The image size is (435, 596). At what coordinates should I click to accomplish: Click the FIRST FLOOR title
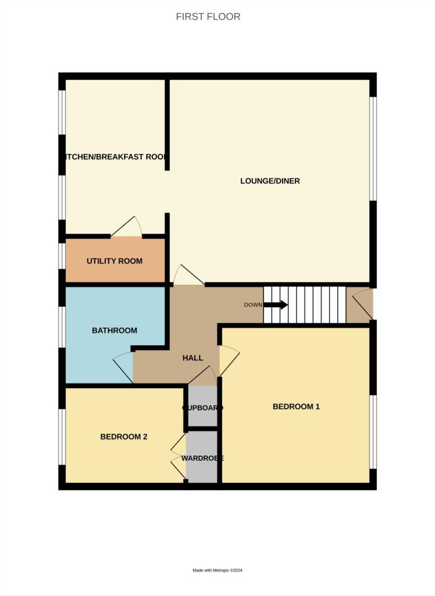(208, 17)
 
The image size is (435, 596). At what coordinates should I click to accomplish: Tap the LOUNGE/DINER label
(270, 181)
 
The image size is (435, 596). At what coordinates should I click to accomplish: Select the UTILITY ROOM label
(115, 261)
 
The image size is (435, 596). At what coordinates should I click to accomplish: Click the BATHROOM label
(115, 331)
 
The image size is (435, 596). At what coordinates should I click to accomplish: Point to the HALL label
(192, 358)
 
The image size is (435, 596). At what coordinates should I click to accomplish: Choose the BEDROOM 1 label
(296, 407)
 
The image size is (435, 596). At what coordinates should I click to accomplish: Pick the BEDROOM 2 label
(123, 437)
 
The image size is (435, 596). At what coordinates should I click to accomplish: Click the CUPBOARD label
(202, 408)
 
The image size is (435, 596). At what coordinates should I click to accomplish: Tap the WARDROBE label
(202, 459)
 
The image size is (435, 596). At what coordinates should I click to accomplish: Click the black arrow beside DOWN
(276, 304)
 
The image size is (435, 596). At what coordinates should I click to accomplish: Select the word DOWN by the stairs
(252, 305)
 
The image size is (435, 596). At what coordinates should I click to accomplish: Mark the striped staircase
(305, 304)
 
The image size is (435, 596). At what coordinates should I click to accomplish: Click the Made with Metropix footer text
(217, 570)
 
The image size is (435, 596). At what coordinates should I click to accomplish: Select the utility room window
(62, 256)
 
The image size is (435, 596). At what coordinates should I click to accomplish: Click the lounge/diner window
(373, 148)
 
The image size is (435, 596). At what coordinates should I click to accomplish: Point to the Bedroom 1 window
(373, 431)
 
